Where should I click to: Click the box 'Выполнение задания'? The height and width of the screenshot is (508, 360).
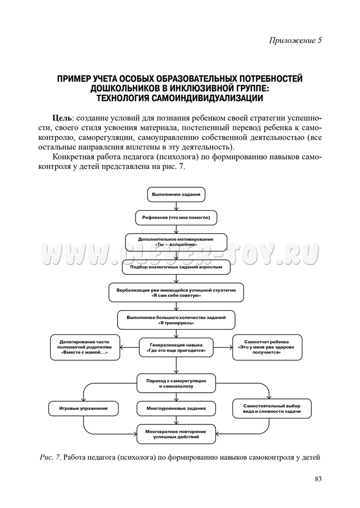tap(176, 195)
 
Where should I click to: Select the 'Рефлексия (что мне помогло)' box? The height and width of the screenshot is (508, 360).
tap(176, 217)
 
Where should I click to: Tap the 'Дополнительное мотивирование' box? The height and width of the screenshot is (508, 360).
tap(176, 242)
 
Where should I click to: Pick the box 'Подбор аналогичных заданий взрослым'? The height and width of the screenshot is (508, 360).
tap(176, 267)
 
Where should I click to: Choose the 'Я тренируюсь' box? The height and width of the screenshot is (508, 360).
tap(176, 320)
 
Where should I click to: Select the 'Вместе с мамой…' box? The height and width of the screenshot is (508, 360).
tap(85, 347)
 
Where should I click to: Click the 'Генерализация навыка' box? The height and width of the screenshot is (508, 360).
tap(176, 347)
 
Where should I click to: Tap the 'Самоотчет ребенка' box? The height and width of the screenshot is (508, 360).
tap(267, 347)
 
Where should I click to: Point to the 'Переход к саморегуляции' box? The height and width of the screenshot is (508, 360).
tap(176, 384)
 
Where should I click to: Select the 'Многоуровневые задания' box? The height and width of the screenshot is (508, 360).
tap(176, 409)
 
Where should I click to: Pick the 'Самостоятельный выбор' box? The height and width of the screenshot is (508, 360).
tap(272, 408)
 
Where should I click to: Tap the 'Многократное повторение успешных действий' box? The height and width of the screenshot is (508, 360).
tap(176, 435)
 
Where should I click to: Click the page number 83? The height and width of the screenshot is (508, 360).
tap(318, 479)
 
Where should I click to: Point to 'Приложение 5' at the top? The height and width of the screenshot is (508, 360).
tap(295, 40)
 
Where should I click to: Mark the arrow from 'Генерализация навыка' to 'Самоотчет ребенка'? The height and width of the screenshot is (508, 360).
tap(223, 348)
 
